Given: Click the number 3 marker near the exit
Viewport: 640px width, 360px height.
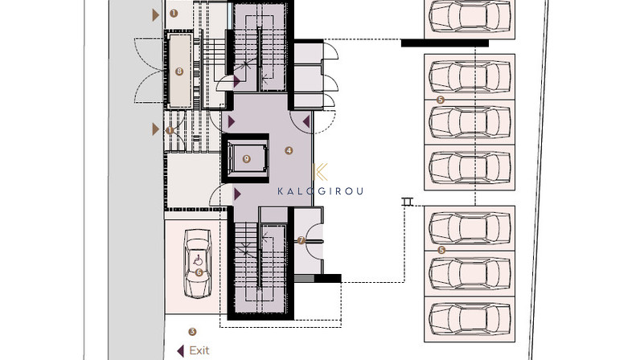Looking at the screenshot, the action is (x=192, y=332).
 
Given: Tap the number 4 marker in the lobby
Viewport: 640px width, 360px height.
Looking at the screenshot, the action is (x=289, y=150).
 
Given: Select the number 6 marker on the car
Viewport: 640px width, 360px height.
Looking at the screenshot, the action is (x=199, y=272).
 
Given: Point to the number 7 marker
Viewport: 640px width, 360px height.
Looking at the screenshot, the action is (x=302, y=240).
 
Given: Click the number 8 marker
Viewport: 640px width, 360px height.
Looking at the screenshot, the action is (x=179, y=72).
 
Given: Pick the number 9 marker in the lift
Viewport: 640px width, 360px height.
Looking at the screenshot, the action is (x=247, y=159).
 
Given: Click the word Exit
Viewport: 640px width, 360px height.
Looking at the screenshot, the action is (x=199, y=350).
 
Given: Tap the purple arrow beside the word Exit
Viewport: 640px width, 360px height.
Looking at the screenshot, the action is (x=180, y=350).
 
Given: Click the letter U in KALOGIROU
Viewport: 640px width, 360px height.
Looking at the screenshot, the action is (x=359, y=191).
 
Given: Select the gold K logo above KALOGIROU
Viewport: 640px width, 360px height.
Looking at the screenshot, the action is (x=321, y=172).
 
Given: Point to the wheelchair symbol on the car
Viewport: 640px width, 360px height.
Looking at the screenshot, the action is (x=198, y=260).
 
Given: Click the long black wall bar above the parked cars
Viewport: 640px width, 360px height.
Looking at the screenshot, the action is (x=445, y=43).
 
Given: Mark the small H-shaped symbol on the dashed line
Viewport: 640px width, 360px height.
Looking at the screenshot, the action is (x=407, y=202).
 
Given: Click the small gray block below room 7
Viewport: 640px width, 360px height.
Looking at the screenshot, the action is (x=304, y=278).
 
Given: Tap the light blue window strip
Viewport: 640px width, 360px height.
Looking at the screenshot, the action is (x=230, y=15).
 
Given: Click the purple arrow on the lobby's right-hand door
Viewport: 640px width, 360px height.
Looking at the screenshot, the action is (x=306, y=121).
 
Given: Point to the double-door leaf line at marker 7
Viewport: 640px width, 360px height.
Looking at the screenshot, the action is (x=314, y=242).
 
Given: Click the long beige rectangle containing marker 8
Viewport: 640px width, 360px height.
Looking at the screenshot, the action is (x=179, y=72).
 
